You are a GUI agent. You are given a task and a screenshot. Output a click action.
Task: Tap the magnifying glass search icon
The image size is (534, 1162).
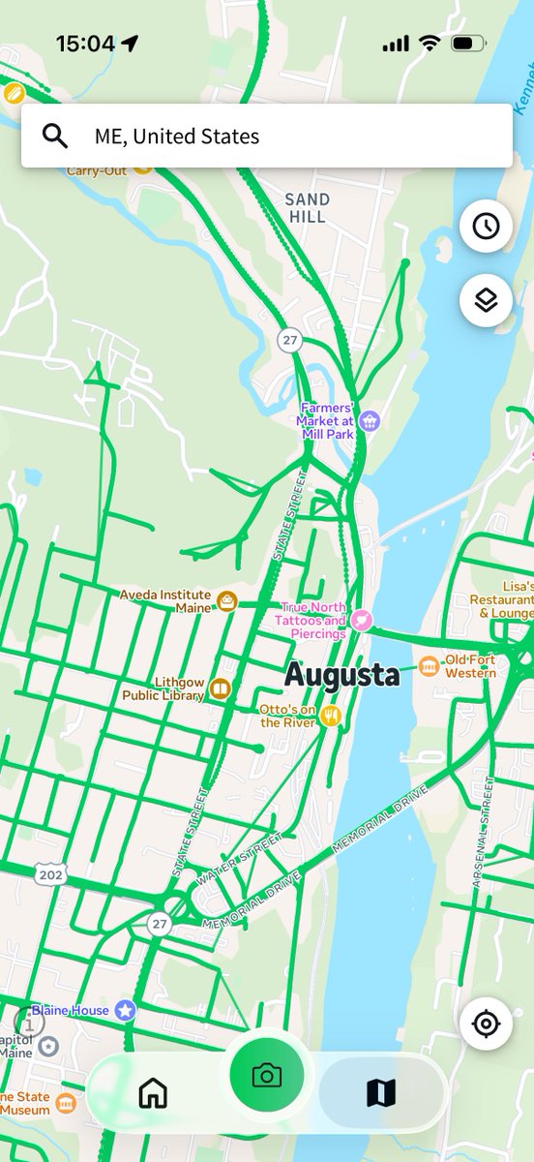point(56,136)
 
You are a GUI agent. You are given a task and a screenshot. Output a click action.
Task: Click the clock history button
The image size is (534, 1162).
point(486,226)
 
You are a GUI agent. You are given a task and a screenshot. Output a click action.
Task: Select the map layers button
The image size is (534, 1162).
point(486,300)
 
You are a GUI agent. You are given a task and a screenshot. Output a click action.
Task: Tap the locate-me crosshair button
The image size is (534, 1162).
point(486,1023)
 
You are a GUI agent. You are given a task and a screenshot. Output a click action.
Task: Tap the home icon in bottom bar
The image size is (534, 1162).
point(154,1093)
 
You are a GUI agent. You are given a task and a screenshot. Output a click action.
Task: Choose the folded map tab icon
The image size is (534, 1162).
point(381,1093)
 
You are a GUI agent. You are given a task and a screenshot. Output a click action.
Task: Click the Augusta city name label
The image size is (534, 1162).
point(341,675)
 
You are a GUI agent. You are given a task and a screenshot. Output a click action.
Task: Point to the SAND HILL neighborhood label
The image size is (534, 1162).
point(307,208)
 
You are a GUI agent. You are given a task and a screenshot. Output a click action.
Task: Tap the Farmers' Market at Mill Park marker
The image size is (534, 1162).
point(368,421)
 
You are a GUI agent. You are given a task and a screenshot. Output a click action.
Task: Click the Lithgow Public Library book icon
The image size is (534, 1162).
point(221,689)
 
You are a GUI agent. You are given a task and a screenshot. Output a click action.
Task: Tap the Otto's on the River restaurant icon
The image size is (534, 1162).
point(332,716)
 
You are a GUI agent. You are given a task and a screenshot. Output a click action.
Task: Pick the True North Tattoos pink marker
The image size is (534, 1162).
point(361,620)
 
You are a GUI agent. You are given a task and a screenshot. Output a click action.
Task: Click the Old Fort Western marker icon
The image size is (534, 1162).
point(429,666)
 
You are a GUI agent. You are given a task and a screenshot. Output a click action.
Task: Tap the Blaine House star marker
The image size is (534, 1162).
point(125,1010)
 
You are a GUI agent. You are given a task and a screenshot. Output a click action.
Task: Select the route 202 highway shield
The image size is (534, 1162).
point(50,874)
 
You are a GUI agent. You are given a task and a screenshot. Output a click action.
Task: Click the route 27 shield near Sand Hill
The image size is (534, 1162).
point(288,340)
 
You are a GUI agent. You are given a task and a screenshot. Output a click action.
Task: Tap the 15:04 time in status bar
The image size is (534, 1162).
point(86,44)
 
